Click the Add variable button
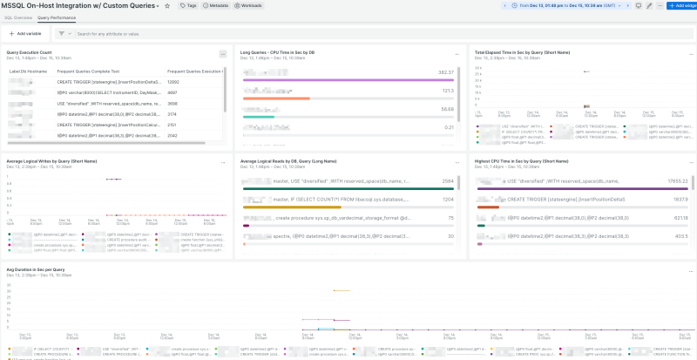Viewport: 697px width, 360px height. (25, 34)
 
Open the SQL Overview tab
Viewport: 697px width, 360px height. (17, 17)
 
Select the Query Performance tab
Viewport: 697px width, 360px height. (56, 17)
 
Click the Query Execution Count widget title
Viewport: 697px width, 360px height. (31, 52)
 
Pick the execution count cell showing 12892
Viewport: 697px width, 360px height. (174, 81)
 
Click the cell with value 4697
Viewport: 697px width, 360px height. (173, 92)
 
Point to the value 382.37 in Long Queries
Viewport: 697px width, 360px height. (446, 72)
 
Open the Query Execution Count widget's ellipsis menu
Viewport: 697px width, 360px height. (223, 54)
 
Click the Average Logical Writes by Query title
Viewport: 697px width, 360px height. (51, 161)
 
